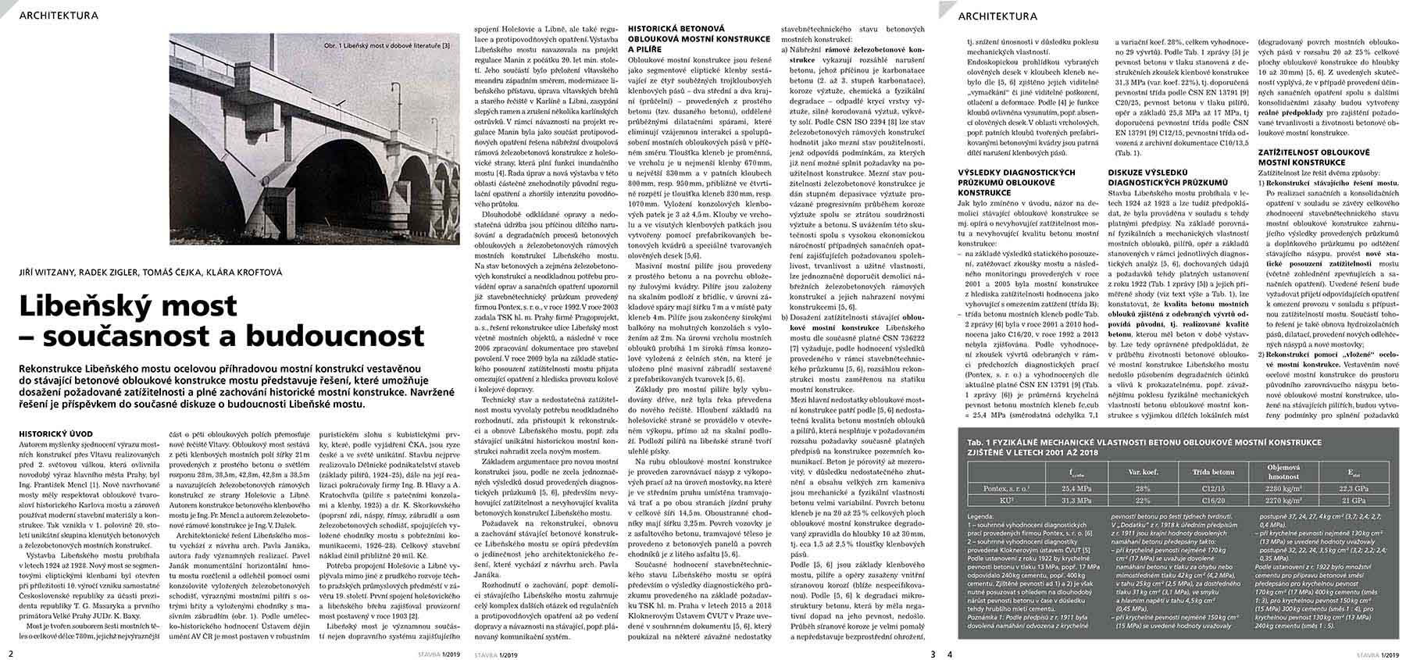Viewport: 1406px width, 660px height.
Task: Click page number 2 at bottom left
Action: (10, 653)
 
